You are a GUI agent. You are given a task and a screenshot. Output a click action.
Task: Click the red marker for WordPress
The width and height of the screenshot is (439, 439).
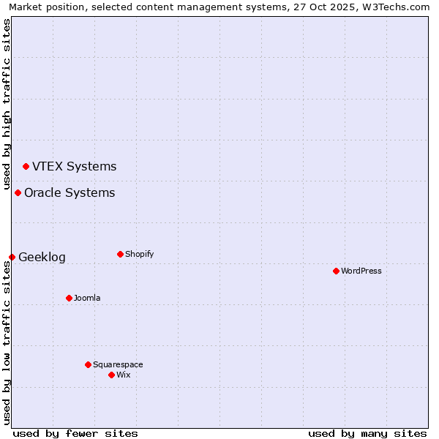336,271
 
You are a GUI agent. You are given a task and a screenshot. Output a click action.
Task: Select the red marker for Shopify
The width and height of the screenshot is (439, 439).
120,254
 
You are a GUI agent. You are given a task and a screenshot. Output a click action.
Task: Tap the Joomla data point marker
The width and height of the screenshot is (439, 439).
69,298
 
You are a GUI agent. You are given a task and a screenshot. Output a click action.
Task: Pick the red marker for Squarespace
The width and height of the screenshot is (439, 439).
88,364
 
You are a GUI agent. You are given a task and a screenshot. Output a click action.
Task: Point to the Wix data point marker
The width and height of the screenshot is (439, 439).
111,375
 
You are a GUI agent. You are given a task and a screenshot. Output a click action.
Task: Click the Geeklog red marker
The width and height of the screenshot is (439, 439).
12,257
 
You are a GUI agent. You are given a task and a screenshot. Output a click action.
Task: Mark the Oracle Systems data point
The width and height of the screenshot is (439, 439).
18,192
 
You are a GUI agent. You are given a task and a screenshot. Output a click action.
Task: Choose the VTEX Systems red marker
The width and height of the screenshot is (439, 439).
26,166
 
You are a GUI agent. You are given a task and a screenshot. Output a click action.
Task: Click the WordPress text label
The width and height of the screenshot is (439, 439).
361,271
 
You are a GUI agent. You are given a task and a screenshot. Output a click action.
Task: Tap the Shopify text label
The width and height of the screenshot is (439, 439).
139,254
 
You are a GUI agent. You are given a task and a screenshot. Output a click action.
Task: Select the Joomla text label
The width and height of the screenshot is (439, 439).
87,298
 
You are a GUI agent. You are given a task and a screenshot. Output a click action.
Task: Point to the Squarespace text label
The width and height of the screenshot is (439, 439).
118,364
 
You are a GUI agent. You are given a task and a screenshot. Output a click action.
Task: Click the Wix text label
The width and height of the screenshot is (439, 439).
124,375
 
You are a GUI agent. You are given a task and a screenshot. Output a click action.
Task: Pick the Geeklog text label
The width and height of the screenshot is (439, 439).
42,257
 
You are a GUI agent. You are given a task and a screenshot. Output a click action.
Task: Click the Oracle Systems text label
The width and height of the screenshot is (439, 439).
70,192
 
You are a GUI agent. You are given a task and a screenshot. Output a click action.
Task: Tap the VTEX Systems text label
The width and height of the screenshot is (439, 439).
74,166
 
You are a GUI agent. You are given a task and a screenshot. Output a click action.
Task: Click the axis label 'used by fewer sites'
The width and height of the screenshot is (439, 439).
75,433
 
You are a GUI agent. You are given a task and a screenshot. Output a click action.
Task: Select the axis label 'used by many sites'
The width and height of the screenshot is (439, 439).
367,433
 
